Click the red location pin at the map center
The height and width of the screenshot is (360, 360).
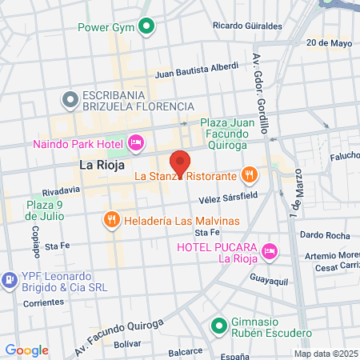(x=180, y=163)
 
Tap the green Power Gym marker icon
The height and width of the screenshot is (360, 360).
(x=146, y=27)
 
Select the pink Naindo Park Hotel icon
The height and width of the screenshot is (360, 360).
(x=136, y=144)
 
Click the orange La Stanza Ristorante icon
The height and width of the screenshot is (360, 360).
(x=250, y=174)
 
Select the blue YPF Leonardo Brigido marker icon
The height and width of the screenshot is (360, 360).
(x=10, y=280)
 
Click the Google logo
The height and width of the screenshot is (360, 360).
(x=26, y=350)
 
